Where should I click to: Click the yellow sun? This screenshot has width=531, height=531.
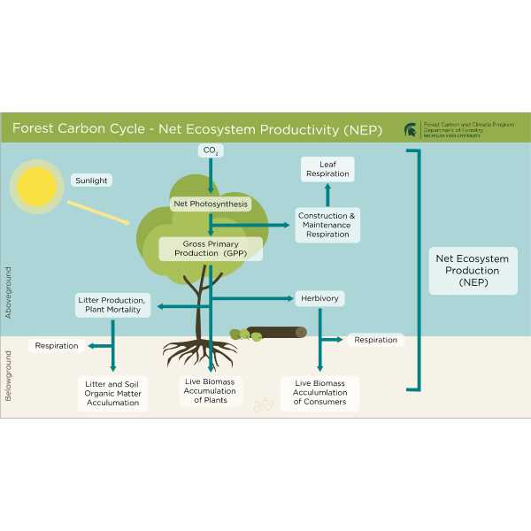37,186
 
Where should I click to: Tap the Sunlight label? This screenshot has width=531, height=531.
92,181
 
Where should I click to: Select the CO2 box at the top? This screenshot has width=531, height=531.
211,151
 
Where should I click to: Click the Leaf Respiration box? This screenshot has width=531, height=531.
327,169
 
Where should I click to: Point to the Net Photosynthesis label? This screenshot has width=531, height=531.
211,204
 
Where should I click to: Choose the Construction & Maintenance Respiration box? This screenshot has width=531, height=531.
327,225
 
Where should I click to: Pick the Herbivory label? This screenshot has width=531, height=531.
319,298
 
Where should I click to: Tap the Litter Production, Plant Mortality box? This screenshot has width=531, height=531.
111,304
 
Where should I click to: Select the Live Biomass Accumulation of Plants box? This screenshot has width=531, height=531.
210,391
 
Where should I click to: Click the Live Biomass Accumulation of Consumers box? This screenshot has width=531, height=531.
320,392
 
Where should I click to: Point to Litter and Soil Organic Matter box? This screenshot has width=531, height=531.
112,393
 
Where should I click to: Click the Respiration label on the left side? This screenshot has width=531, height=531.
57,346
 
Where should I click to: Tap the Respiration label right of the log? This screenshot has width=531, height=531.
375,340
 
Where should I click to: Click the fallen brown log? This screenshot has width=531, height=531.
276,333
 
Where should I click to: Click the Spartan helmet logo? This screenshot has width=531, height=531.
412,129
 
